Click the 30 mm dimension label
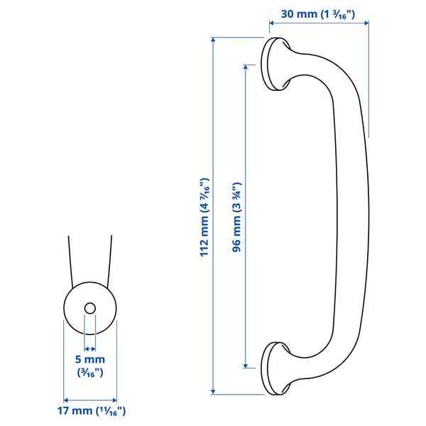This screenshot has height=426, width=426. coord(318,13)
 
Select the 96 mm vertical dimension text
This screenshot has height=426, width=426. coord(237,217)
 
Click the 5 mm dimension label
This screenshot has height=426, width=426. coord(90,360)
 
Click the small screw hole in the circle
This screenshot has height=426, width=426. coord(90,308)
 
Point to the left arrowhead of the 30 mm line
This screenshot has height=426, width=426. coord(271,23)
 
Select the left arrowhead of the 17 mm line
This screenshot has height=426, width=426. coord(66,399)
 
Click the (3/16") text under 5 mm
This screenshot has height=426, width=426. coord(90,372)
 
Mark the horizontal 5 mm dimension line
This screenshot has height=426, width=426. coord(90,349)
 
